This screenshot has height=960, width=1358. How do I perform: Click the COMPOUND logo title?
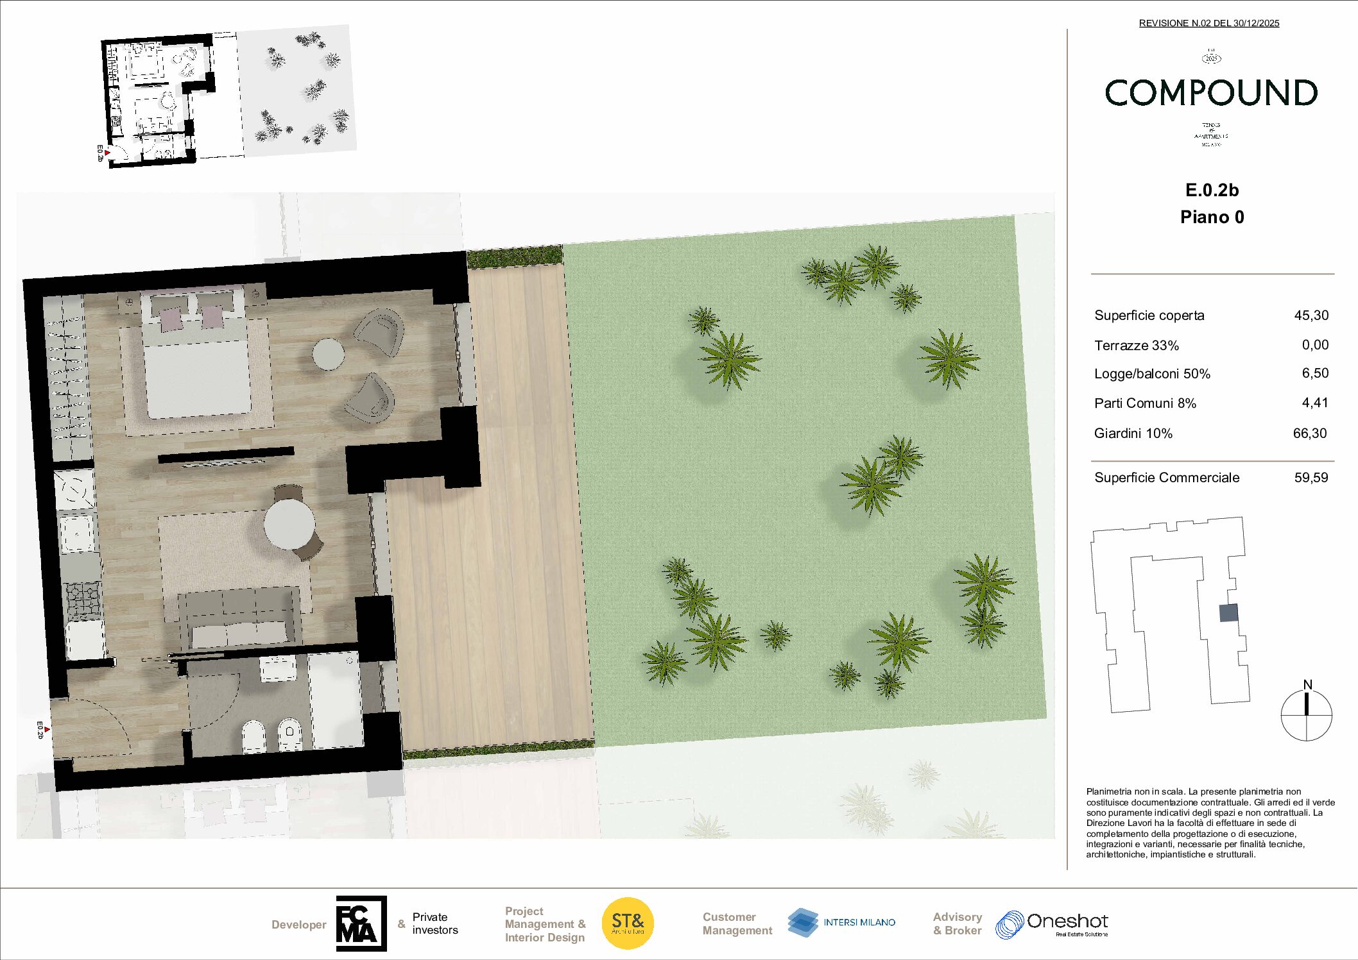tap(1211, 93)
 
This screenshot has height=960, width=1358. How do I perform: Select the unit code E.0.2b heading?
tap(1212, 190)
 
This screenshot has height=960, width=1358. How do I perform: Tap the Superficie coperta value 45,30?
tap(1311, 316)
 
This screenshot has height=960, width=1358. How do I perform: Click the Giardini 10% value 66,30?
tap(1309, 434)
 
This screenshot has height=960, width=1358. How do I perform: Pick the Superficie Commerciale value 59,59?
tap(1311, 478)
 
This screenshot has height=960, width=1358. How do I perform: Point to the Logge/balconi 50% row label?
tap(1152, 374)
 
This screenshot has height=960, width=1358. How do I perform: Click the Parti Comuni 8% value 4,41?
tap(1314, 403)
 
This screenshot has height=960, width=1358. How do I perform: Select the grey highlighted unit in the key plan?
tap(1228, 613)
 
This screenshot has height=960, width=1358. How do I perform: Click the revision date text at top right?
tap(1209, 23)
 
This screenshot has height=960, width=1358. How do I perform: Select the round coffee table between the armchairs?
tap(328, 354)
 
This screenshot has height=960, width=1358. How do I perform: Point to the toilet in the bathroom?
tap(254, 736)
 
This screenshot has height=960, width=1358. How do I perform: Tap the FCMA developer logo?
tap(361, 923)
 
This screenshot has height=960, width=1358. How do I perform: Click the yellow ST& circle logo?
tap(628, 923)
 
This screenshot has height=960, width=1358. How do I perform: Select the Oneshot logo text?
tap(1067, 922)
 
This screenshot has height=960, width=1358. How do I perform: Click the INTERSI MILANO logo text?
tap(859, 922)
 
